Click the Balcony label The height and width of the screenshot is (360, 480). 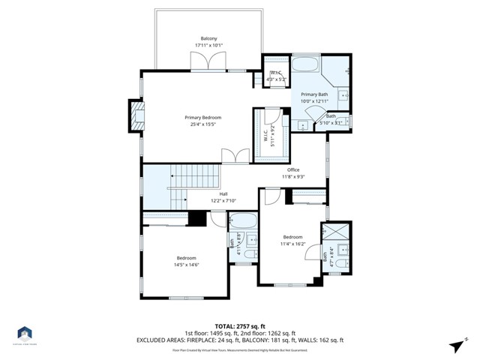208,39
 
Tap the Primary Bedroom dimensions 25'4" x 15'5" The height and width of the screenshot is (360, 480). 203,125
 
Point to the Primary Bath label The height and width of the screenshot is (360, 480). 315,94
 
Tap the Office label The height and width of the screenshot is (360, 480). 293,169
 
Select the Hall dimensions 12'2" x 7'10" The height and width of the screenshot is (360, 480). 223,201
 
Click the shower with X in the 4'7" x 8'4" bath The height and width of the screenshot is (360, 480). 335,232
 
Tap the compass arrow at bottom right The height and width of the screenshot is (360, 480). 455,345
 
